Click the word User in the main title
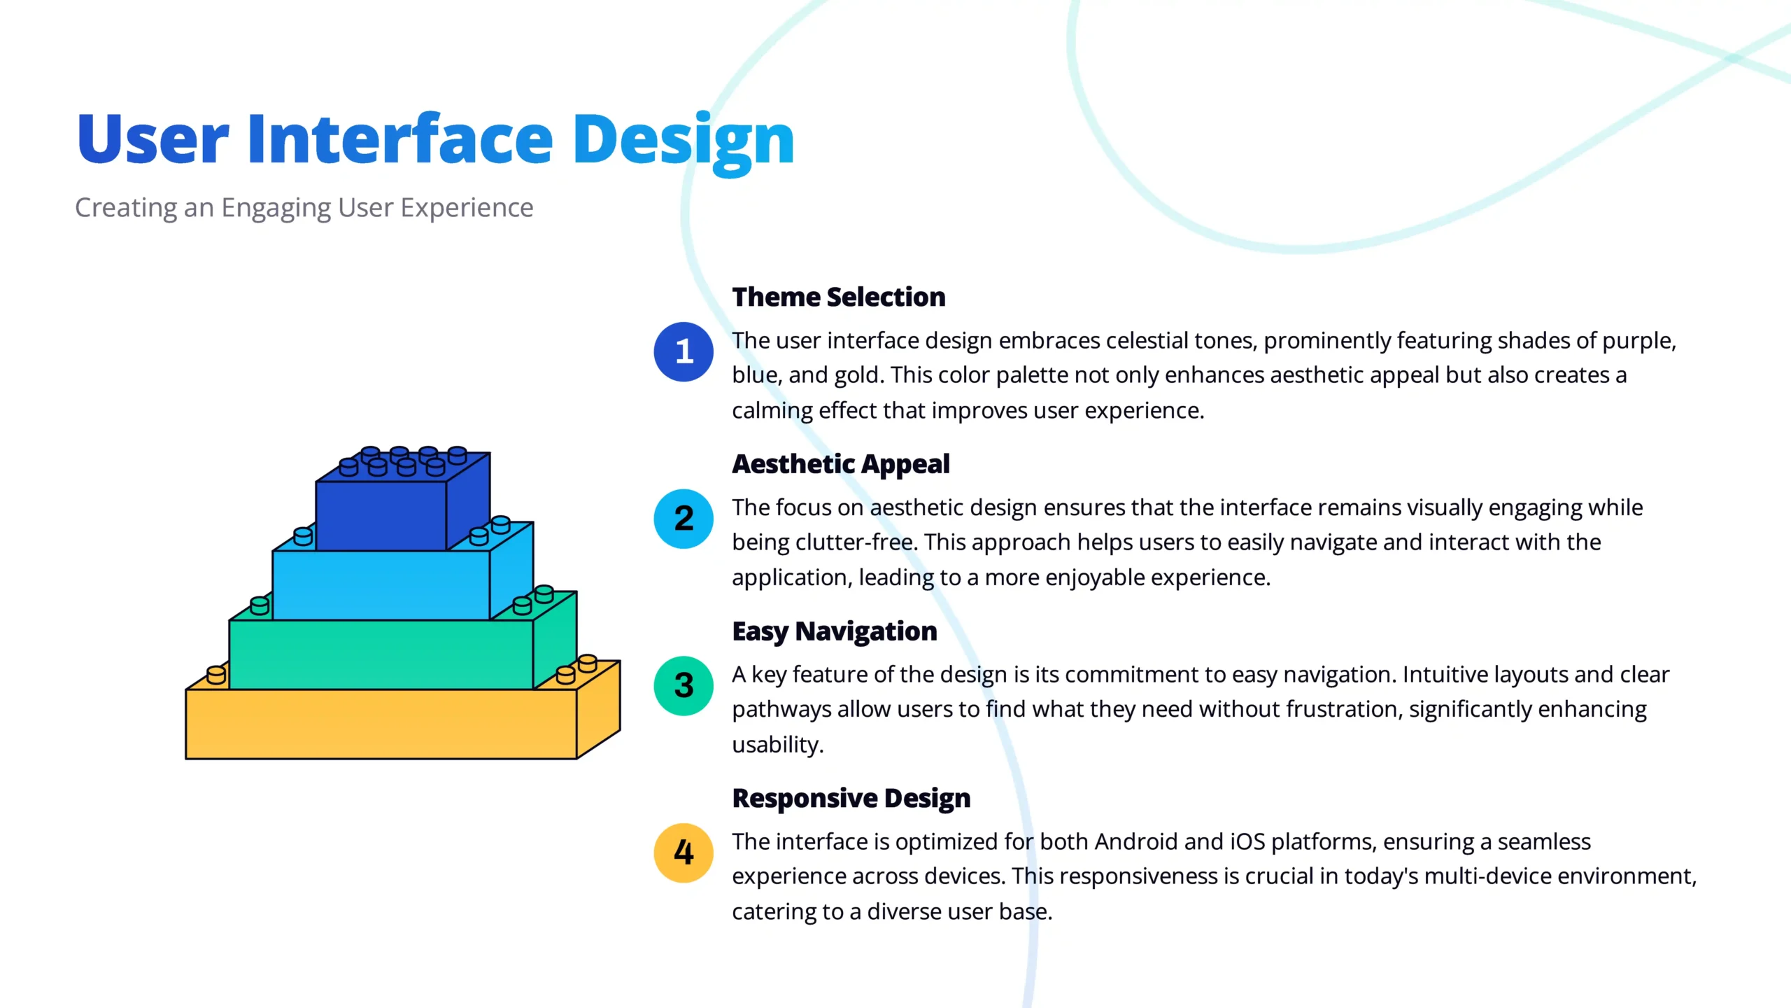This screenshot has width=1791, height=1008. [x=153, y=139]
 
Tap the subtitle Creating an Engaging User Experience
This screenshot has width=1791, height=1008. [x=304, y=209]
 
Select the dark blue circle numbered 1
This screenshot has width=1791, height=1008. [x=684, y=351]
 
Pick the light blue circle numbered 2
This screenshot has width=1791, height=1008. [x=684, y=519]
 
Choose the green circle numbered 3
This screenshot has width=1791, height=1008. [x=684, y=686]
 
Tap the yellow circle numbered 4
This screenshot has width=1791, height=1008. [x=684, y=853]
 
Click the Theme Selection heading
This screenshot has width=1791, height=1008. [x=839, y=297]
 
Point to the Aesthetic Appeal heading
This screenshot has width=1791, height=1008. [x=841, y=465]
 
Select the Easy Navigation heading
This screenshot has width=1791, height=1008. [x=835, y=632]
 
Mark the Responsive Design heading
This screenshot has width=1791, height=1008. [x=851, y=799]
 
